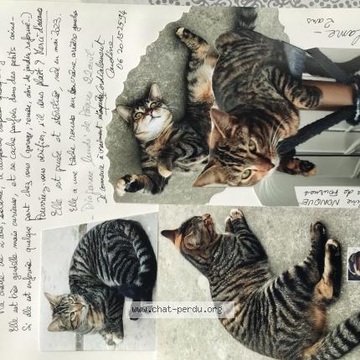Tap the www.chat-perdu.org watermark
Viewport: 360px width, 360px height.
pyautogui.click(x=177, y=310)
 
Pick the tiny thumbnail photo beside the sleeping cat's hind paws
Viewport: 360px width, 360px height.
pyautogui.click(x=353, y=264)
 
